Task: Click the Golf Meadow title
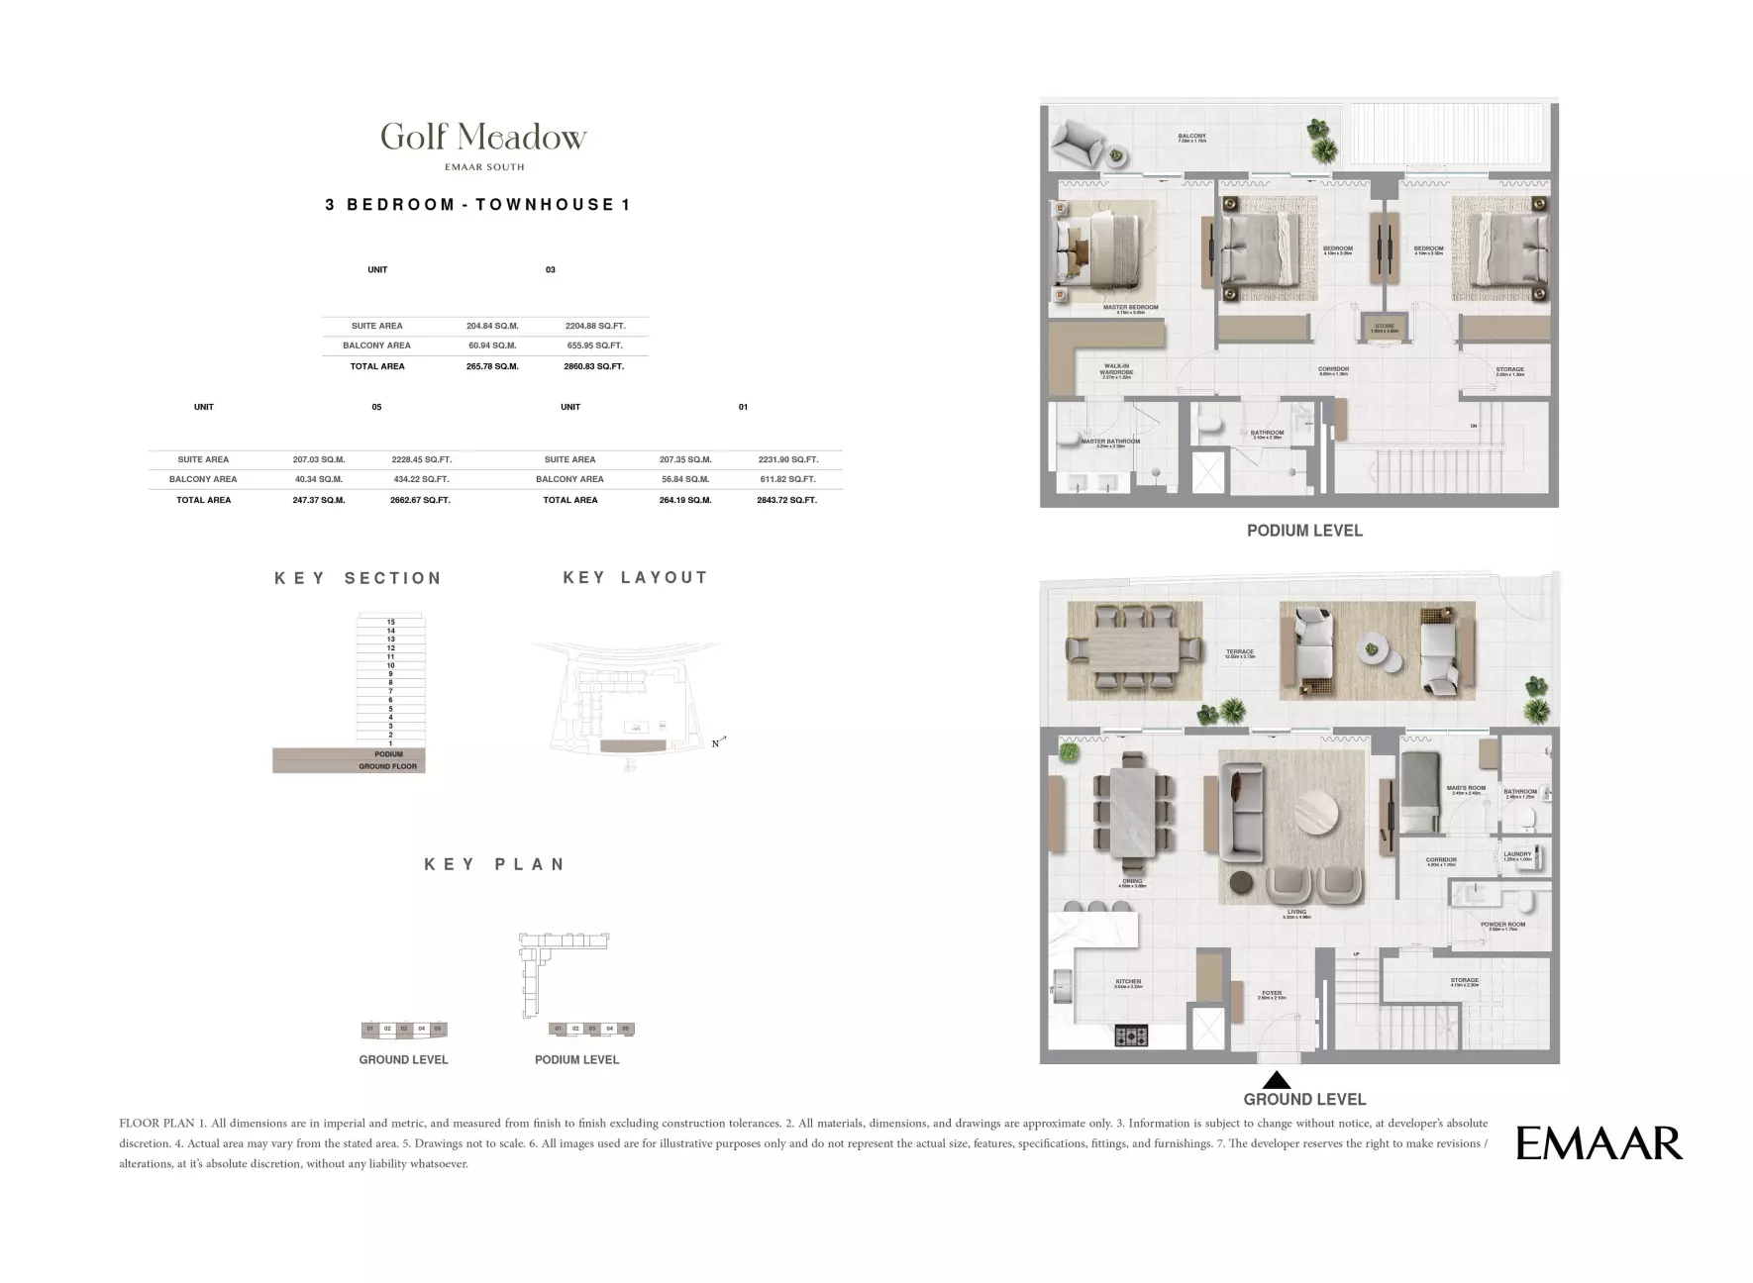[483, 137]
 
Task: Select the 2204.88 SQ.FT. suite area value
[594, 326]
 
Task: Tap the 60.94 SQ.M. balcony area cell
[492, 345]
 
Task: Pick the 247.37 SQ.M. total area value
[319, 500]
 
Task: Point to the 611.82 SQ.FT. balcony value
[787, 479]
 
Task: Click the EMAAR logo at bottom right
[1598, 1143]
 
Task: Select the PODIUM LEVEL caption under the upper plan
[1304, 531]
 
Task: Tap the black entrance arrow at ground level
[1277, 1080]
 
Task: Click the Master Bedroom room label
[1130, 308]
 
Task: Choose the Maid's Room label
[1466, 789]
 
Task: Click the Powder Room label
[1502, 926]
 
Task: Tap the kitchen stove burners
[1131, 1036]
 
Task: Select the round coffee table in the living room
[1310, 817]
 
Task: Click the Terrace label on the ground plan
[1239, 652]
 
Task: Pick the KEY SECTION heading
[358, 578]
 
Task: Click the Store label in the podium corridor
[1384, 327]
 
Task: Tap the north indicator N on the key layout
[715, 743]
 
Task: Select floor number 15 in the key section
[391, 622]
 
